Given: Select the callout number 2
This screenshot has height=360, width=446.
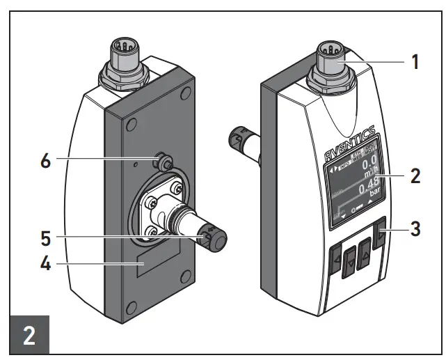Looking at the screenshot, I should tap(415, 175).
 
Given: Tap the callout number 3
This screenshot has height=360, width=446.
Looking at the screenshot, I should tap(415, 229).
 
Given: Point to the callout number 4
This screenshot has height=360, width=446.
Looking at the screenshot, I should tap(47, 265).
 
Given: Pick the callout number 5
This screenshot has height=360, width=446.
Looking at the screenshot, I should tap(47, 237).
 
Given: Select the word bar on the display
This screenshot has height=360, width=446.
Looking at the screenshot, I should tap(376, 191).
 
